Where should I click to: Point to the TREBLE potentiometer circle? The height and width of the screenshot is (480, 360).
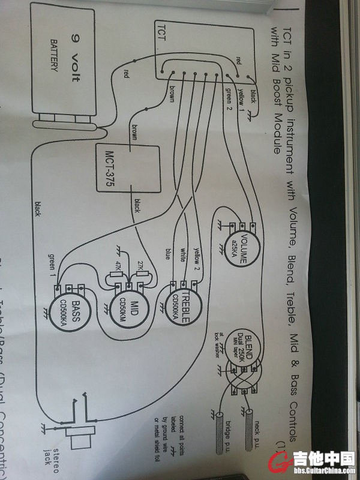click(x=178, y=305)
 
